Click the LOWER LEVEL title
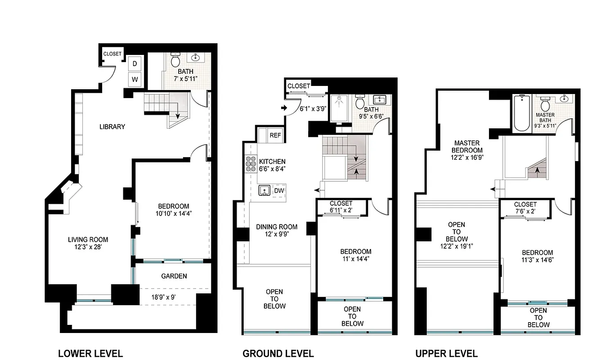(x=90, y=353)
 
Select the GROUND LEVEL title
(x=278, y=353)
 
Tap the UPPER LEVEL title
(x=446, y=353)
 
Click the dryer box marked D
(x=135, y=64)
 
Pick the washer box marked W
(x=135, y=80)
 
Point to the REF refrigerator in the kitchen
(x=275, y=135)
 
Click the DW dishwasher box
(x=279, y=191)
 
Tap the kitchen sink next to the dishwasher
(x=265, y=191)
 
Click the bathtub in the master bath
(x=521, y=112)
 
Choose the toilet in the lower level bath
(x=175, y=61)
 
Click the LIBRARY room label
(x=112, y=127)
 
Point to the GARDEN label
(x=174, y=276)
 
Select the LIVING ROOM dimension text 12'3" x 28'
(x=88, y=247)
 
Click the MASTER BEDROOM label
(x=468, y=147)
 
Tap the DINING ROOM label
(x=277, y=227)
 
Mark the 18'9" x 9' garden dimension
(x=167, y=297)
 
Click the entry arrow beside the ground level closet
(x=283, y=108)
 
